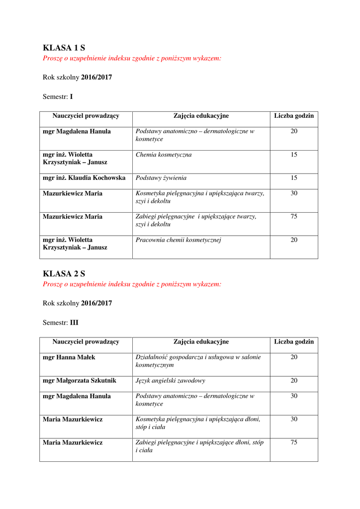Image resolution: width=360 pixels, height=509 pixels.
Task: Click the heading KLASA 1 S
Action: coord(64,48)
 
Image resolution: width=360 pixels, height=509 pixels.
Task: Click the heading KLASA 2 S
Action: coord(64,273)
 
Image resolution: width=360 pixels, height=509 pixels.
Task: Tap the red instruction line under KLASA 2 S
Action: coord(132,284)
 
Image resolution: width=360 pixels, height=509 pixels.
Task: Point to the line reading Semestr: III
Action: coord(61,323)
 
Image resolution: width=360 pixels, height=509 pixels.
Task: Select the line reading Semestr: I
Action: coord(58,97)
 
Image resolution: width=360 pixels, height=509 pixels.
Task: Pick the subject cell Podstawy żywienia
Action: coord(161,178)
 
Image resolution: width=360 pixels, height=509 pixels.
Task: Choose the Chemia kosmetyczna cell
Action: coord(164,155)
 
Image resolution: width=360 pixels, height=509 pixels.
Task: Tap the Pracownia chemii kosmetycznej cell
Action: coord(178,240)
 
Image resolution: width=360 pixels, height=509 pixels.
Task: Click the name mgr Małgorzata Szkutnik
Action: coord(80,381)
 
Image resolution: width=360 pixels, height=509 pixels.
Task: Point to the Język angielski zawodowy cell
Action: coord(171,381)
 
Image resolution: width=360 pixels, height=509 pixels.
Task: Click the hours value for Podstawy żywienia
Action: coord(294,178)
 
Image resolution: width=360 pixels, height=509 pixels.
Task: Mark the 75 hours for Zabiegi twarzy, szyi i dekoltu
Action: coord(294,217)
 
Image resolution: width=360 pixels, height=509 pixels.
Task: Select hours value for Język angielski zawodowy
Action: coord(294,381)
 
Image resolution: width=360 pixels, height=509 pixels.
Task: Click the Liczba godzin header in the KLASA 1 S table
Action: coord(294,116)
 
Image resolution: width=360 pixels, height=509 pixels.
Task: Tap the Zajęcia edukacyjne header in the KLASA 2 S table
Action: coord(201,342)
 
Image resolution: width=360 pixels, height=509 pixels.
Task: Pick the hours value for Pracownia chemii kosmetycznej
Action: coord(294,240)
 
